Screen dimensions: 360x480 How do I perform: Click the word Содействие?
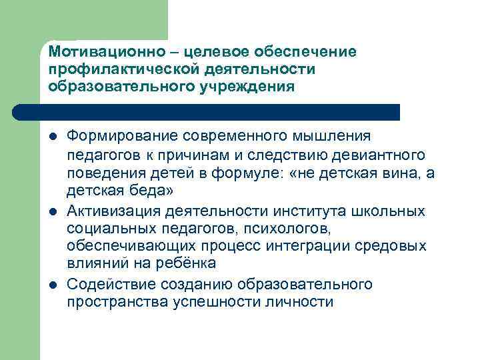click(x=111, y=285)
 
